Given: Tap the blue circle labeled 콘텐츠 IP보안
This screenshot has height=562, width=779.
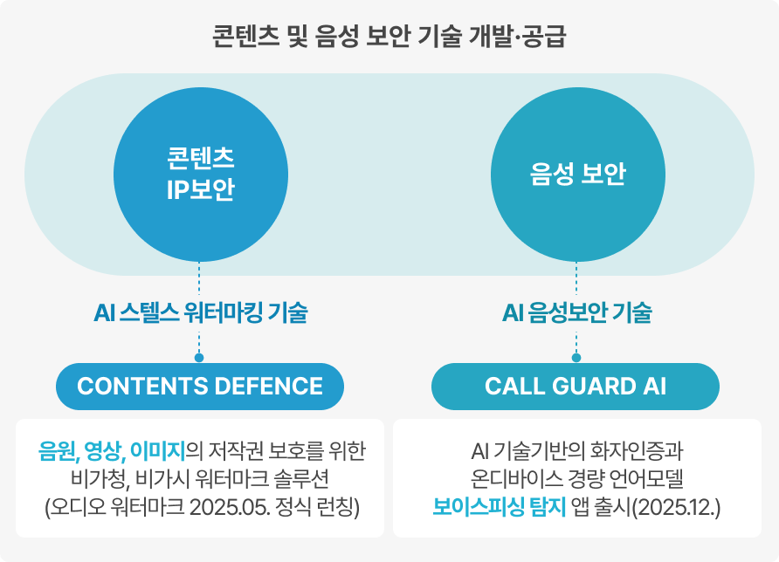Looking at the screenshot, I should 200,174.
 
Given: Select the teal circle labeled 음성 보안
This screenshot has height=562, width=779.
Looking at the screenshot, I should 576,174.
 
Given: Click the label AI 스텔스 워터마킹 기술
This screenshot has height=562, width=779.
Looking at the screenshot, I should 200,312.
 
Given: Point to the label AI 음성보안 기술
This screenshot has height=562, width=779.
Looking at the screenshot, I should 576,312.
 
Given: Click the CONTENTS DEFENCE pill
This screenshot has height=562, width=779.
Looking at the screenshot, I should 200,386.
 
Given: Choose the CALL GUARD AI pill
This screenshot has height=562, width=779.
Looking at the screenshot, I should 576,386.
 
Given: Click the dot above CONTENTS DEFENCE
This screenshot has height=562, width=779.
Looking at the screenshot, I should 199,357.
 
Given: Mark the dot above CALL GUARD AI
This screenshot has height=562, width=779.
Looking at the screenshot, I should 576,357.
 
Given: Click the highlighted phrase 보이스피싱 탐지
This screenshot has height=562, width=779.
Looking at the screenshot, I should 486,507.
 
